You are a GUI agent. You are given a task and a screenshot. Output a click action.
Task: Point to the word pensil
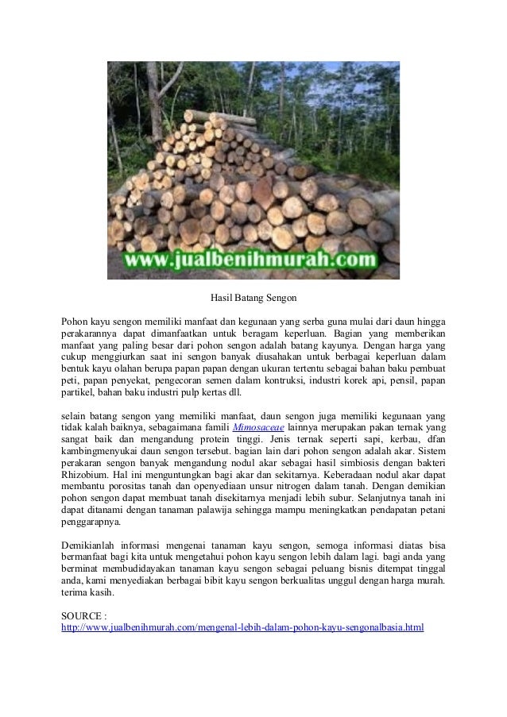(394, 382)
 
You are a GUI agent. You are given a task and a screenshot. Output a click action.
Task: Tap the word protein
(237, 441)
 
